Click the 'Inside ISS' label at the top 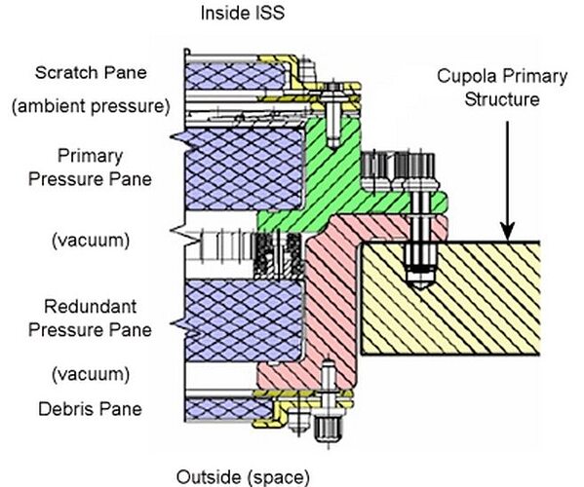click(243, 13)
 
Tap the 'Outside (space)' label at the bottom click(243, 477)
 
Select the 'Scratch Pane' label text click(91, 72)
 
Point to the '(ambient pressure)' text click(91, 106)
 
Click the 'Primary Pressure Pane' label click(90, 168)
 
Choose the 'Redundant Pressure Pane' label click(90, 318)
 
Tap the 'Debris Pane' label click(90, 409)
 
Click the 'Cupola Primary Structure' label click(502, 88)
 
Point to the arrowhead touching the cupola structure click(507, 232)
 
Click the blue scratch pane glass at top click(235, 76)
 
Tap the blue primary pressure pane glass click(245, 169)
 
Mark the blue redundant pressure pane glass click(245, 320)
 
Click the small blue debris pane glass click(229, 409)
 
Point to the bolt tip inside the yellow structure click(420, 285)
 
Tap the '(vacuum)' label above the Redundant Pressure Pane click(91, 240)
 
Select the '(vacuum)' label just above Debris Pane click(91, 374)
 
